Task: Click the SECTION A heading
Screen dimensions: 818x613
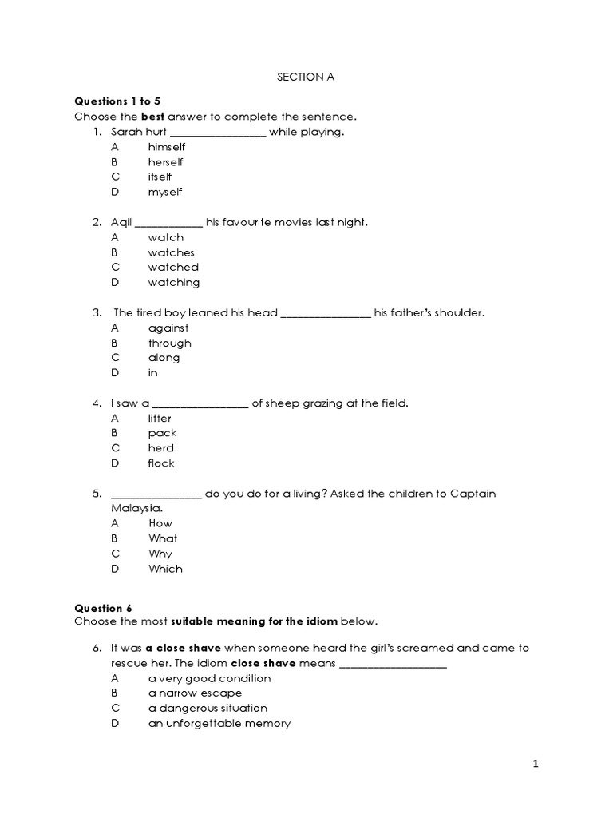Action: point(306,77)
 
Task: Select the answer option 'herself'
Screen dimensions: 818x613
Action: point(165,162)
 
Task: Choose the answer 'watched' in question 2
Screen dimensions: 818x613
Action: point(173,268)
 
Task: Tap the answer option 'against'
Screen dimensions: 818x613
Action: point(168,328)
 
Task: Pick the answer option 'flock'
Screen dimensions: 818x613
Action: point(160,463)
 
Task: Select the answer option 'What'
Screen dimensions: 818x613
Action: point(163,538)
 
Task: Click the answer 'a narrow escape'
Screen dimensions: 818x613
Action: point(195,693)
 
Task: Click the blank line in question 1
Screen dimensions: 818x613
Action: point(218,133)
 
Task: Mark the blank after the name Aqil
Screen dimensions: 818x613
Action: point(169,223)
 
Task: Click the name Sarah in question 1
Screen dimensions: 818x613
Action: point(126,132)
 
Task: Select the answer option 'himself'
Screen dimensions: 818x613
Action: point(166,147)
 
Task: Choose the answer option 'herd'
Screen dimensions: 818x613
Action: point(160,448)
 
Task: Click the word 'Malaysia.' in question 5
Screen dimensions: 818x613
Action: point(136,508)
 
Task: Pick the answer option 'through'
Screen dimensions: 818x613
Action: point(169,343)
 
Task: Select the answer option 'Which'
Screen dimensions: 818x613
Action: point(165,569)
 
